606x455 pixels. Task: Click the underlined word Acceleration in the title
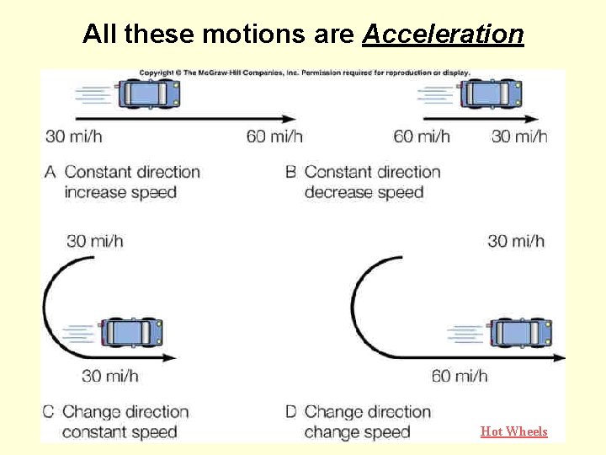pyautogui.click(x=443, y=34)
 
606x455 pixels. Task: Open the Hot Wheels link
pyautogui.click(x=513, y=431)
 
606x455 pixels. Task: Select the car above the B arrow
pyautogui.click(x=492, y=93)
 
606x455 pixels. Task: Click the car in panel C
pyautogui.click(x=131, y=332)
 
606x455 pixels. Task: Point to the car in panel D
pyautogui.click(x=521, y=333)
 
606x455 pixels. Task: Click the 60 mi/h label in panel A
pyautogui.click(x=274, y=136)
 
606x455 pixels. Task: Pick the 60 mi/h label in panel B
pyautogui.click(x=422, y=136)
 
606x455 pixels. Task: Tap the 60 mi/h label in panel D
pyautogui.click(x=460, y=376)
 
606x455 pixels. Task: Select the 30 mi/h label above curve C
pyautogui.click(x=95, y=241)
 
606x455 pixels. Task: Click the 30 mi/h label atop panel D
pyautogui.click(x=516, y=242)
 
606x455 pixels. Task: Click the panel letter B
pyautogui.click(x=290, y=173)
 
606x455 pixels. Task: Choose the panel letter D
pyautogui.click(x=290, y=412)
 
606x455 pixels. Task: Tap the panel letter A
pyautogui.click(x=50, y=173)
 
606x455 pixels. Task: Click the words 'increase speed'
pyautogui.click(x=120, y=192)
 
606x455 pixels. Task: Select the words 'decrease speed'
pyautogui.click(x=364, y=192)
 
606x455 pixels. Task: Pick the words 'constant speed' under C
pyautogui.click(x=120, y=432)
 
